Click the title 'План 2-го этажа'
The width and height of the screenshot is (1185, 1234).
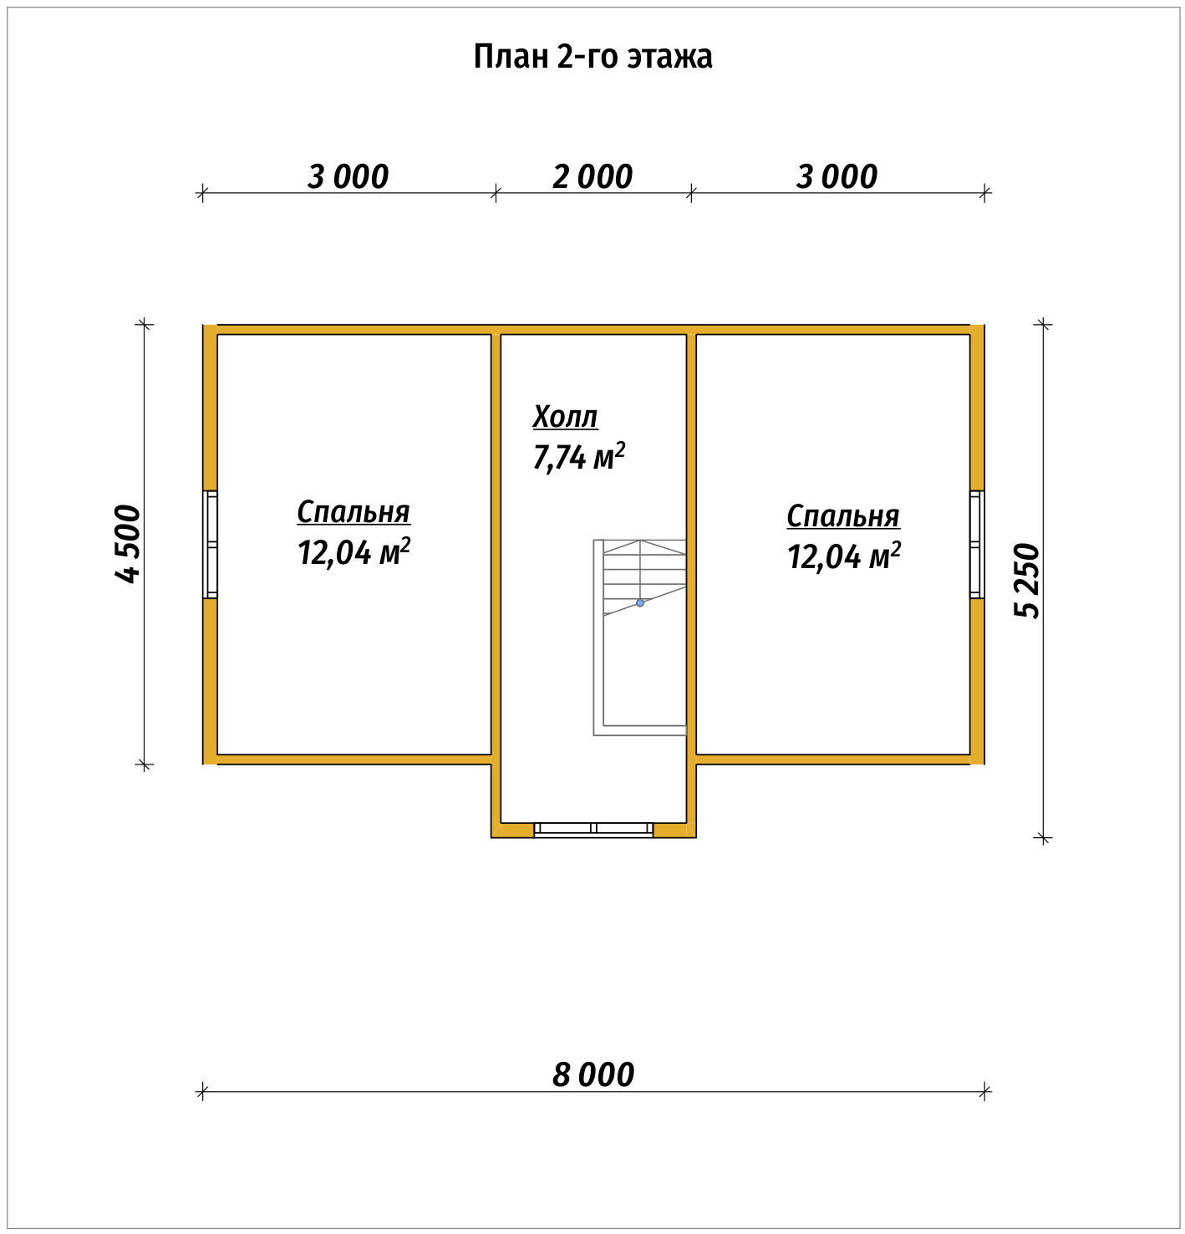click(592, 57)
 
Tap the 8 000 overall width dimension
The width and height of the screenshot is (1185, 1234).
click(593, 1074)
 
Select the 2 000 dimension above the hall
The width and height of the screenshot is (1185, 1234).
click(592, 177)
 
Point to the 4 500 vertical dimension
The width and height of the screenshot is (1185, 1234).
click(128, 543)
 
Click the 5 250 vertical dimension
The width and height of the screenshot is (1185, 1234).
click(1026, 580)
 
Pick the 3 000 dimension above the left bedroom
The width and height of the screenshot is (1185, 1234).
click(348, 177)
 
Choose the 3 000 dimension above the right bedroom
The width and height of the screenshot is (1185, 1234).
click(837, 177)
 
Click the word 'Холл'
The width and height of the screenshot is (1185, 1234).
click(565, 417)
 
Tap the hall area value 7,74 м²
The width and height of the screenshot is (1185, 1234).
click(578, 456)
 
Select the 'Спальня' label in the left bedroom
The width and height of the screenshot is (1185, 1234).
click(353, 512)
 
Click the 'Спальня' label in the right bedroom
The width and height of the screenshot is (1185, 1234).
click(843, 516)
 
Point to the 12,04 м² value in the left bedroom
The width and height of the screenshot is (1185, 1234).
click(353, 551)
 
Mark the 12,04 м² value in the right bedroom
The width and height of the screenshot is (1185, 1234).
click(844, 556)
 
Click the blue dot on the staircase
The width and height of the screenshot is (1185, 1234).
click(639, 603)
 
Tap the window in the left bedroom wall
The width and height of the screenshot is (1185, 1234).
click(210, 544)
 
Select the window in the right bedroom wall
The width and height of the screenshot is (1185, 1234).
click(977, 544)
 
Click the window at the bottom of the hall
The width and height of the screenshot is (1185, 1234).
click(593, 830)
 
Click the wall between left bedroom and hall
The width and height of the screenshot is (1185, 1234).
click(496, 546)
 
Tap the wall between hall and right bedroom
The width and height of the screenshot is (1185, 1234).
click(691, 546)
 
